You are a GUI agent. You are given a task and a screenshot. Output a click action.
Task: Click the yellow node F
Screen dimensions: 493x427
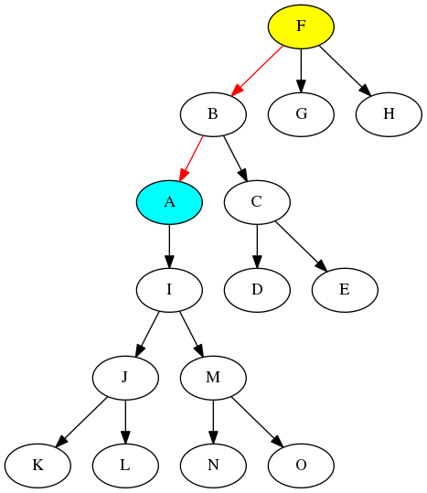pyautogui.click(x=301, y=27)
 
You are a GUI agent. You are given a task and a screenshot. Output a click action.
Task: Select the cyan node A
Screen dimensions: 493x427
pyautogui.click(x=169, y=202)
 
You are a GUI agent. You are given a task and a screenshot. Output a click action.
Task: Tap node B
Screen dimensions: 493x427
pyautogui.click(x=213, y=114)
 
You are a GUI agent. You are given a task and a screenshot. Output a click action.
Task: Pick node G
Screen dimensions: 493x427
pyautogui.click(x=301, y=114)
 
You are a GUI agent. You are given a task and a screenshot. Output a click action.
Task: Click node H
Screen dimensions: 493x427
pyautogui.click(x=389, y=114)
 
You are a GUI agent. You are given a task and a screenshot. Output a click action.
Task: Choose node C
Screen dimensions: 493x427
pyautogui.click(x=257, y=202)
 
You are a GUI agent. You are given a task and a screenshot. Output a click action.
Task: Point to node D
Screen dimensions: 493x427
pyautogui.click(x=257, y=290)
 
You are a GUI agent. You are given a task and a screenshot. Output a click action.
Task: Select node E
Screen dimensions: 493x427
pyautogui.click(x=345, y=290)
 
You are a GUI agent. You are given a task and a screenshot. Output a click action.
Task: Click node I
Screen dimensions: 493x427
pyautogui.click(x=169, y=290)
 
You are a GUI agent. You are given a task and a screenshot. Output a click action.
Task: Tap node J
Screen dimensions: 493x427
pyautogui.click(x=125, y=378)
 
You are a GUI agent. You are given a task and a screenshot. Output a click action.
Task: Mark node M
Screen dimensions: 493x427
pyautogui.click(x=213, y=378)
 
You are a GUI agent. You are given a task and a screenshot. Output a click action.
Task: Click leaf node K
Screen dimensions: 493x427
pyautogui.click(x=37, y=466)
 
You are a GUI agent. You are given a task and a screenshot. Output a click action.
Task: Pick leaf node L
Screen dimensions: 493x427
pyautogui.click(x=125, y=466)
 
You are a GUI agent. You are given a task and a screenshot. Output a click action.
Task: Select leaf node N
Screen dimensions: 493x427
pyautogui.click(x=213, y=466)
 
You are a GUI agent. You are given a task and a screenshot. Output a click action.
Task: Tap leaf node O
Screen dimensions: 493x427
pyautogui.click(x=301, y=466)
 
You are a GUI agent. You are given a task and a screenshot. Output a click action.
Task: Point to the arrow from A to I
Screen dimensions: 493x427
pyautogui.click(x=169, y=246)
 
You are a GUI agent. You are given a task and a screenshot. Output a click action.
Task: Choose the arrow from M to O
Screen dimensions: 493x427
pyautogui.click(x=257, y=422)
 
